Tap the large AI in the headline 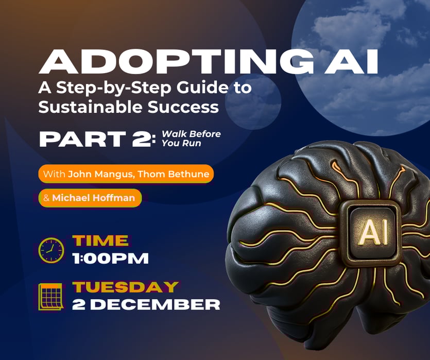click(x=351, y=62)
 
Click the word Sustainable click(x=91, y=107)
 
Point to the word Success click(x=183, y=107)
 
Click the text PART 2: click(x=98, y=139)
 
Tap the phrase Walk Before click(x=191, y=134)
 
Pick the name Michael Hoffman click(x=94, y=198)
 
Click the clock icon click(x=51, y=250)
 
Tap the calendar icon click(x=51, y=297)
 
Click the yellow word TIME click(x=100, y=241)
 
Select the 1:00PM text click(x=111, y=258)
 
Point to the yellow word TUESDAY click(x=126, y=287)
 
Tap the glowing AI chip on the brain click(x=371, y=234)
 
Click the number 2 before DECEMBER click(x=79, y=304)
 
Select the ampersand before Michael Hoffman click(x=46, y=198)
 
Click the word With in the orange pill click(x=54, y=174)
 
